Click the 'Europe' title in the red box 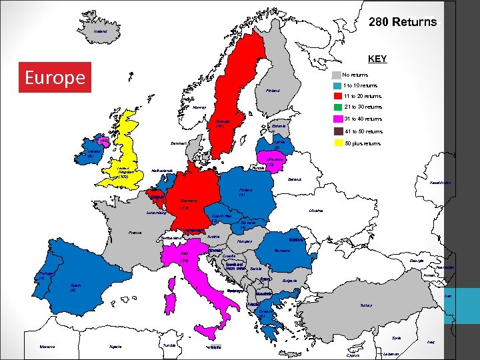pos(55,78)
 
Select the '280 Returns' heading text pos(403,23)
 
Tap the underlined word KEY pos(377,59)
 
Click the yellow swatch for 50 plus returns pos(338,143)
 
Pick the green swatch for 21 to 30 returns pos(338,107)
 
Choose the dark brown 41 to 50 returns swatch pos(338,131)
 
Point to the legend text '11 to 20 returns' pos(363,96)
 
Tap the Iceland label pos(101,31)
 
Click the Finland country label pos(273,91)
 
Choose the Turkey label pos(367,305)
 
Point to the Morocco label pos(47,346)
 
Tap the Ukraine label pos(316,210)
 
